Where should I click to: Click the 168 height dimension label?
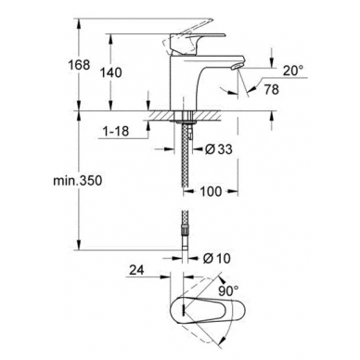pyautogui.click(x=79, y=65)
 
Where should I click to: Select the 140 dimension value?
pyautogui.click(x=110, y=72)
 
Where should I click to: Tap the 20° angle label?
pyautogui.click(x=293, y=71)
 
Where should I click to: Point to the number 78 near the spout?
pyautogui.click(x=271, y=89)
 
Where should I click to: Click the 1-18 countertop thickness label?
pyautogui.click(x=115, y=132)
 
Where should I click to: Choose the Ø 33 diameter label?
pyautogui.click(x=218, y=149)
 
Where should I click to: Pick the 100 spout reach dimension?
pyautogui.click(x=211, y=191)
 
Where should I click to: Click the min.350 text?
pyautogui.click(x=77, y=181)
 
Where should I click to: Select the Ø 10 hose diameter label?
pyautogui.click(x=216, y=258)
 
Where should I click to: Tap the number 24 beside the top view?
pyautogui.click(x=136, y=270)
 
